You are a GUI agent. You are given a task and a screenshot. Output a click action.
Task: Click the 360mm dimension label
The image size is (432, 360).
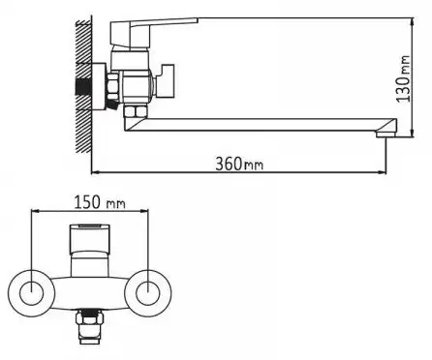239,164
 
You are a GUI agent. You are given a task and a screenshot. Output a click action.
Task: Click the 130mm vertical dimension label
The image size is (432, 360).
403,78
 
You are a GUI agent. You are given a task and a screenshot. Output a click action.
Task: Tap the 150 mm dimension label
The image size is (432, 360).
100,202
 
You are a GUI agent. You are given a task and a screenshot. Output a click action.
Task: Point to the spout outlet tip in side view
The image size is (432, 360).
386,134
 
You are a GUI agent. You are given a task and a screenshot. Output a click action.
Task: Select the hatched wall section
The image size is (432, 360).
83,86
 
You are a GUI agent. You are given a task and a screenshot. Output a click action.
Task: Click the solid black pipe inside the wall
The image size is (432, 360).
83,87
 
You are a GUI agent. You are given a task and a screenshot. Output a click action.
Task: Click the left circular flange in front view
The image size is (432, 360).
31,293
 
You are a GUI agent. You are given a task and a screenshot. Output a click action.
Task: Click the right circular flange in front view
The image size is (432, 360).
148,293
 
